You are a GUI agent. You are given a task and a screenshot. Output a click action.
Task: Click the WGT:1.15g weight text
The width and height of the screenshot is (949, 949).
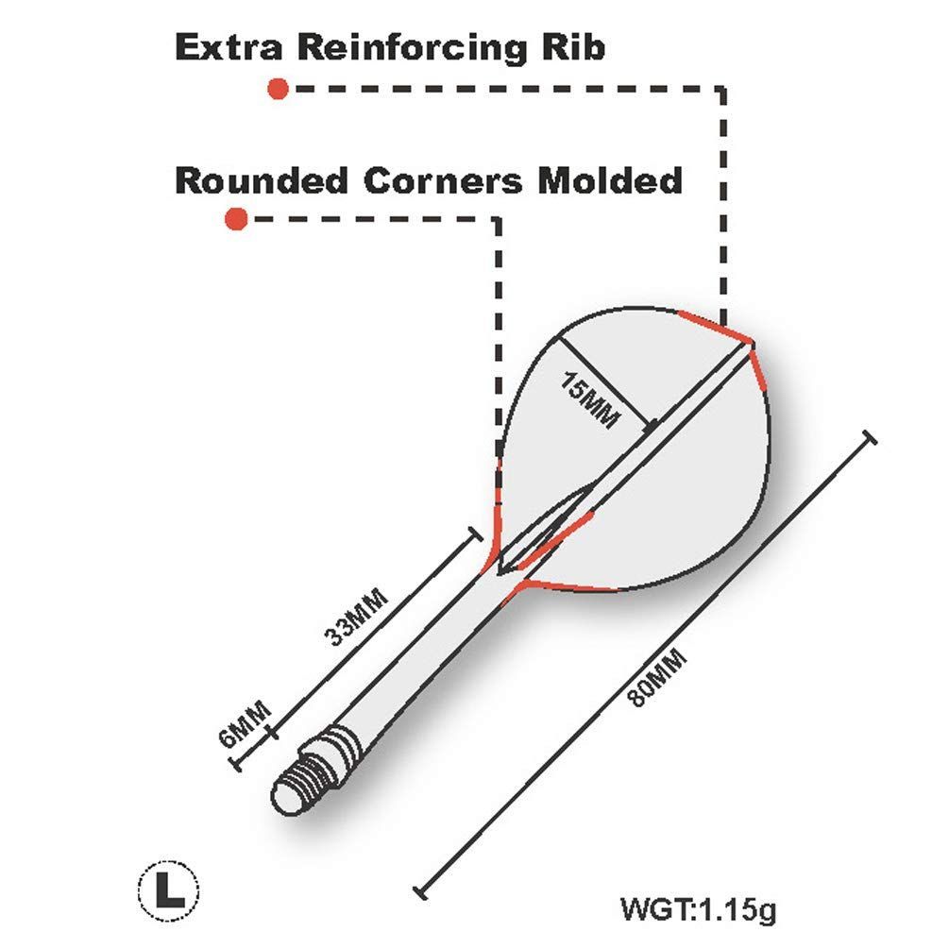698,911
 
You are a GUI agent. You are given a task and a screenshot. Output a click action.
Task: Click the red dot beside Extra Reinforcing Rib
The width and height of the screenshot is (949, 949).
278,89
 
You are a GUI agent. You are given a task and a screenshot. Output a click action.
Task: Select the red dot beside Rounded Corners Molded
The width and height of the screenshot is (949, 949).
236,219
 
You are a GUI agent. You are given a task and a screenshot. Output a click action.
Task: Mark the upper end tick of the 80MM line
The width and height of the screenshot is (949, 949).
869,438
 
